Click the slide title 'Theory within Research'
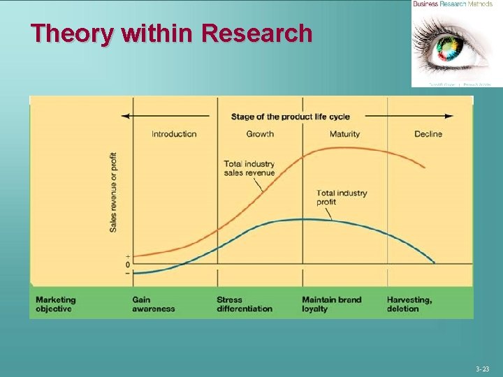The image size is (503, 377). (171, 33)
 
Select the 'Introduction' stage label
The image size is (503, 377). (174, 134)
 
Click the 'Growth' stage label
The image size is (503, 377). (260, 134)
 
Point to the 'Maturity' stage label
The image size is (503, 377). (344, 134)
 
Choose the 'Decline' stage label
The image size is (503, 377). (428, 134)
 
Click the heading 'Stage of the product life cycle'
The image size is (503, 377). (290, 117)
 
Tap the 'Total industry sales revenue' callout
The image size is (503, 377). (249, 168)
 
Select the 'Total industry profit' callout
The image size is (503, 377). (341, 198)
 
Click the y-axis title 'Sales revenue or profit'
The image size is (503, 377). (113, 192)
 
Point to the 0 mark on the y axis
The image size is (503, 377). (128, 265)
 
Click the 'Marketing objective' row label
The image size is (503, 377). (55, 304)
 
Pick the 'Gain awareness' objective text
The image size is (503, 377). (153, 304)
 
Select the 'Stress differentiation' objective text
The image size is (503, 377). (244, 304)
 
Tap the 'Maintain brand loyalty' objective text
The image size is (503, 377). (331, 304)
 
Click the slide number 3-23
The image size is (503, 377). (483, 369)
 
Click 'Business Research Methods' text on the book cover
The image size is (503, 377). (452, 4)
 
